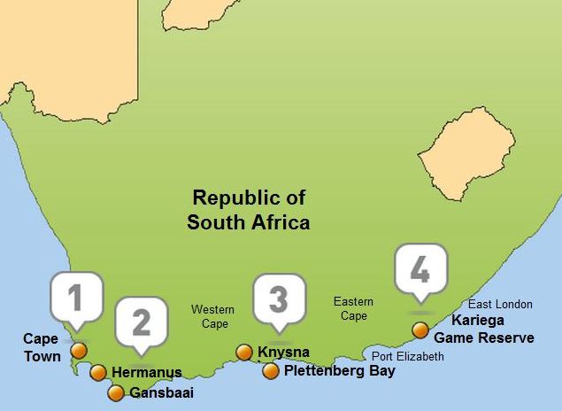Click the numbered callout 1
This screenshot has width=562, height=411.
pyautogui.click(x=76, y=298)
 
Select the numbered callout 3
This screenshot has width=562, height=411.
pyautogui.click(x=279, y=299)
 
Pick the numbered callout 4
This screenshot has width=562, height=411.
pyautogui.click(x=420, y=268)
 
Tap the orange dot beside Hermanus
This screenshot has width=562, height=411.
pyautogui.click(x=98, y=373)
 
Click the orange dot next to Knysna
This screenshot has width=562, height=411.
pyautogui.click(x=244, y=353)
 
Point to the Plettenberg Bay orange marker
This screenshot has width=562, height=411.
pyautogui.click(x=271, y=371)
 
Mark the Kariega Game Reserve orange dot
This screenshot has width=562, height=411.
pyautogui.click(x=420, y=330)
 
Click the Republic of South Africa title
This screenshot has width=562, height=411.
pyautogui.click(x=248, y=210)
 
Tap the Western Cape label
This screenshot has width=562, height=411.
pyautogui.click(x=213, y=316)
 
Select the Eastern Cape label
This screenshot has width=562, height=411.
pyautogui.click(x=353, y=308)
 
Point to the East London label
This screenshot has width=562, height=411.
pyautogui.click(x=501, y=305)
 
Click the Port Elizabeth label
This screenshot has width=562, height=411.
pyautogui.click(x=408, y=356)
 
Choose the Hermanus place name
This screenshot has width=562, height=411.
pyautogui.click(x=147, y=373)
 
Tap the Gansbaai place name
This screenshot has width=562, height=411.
pyautogui.click(x=161, y=393)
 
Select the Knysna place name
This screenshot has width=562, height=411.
pyautogui.click(x=284, y=353)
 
